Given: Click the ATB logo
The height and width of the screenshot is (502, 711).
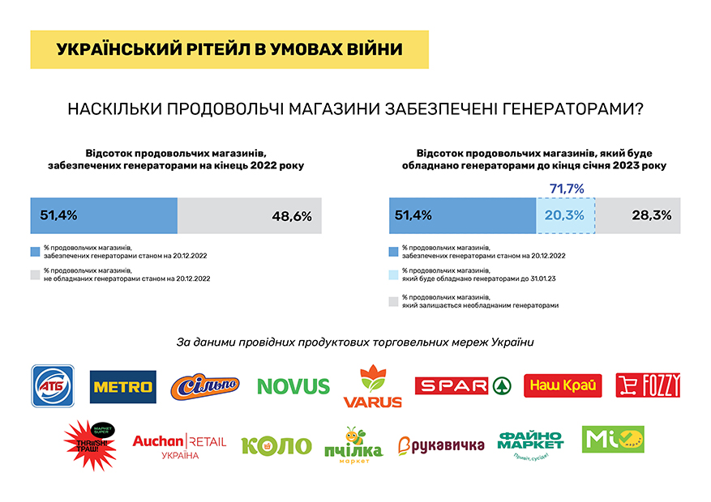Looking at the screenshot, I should point(53,385).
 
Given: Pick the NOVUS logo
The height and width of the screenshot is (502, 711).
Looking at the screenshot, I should point(293,386).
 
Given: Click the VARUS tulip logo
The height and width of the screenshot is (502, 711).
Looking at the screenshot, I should point(372,387).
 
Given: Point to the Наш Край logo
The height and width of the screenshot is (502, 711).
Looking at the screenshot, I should point(563,386).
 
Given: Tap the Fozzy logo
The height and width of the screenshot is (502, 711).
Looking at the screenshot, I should point(648,385).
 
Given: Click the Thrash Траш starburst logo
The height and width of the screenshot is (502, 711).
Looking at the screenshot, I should point(89,444).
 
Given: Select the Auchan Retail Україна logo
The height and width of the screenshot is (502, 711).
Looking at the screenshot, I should point(178,445).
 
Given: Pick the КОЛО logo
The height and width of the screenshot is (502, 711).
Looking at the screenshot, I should point(276,445).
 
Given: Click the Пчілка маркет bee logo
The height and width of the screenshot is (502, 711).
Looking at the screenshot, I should point(353,445).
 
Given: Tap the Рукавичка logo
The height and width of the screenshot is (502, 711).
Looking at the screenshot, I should point(441,445).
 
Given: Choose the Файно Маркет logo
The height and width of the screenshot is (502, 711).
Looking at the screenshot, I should point(531,442).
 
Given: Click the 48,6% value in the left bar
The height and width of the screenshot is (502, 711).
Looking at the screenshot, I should point(292,215).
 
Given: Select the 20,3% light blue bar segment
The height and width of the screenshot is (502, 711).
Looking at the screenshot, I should point(565,215).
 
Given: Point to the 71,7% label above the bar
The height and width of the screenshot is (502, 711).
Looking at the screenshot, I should point(567,189).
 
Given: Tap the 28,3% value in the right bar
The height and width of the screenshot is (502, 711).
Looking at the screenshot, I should point(649,215).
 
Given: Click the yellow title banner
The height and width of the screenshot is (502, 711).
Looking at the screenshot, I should point(229,49).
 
